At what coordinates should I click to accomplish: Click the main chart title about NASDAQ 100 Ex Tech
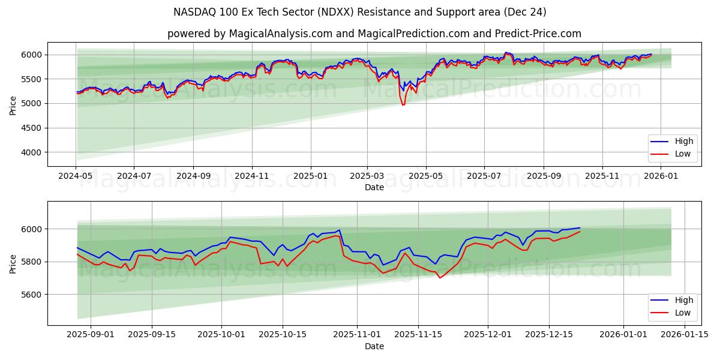click(359, 12)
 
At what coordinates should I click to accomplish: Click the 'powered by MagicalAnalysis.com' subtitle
click(374, 34)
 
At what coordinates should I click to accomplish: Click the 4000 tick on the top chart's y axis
click(33, 152)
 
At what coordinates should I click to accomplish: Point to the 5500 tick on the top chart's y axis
click(33, 79)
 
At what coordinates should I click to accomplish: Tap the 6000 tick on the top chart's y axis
click(33, 55)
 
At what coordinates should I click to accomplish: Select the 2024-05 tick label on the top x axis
click(76, 176)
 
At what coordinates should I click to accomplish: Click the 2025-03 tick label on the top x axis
click(367, 176)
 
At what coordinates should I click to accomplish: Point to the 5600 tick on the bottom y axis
click(33, 295)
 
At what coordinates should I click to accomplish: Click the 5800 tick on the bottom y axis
click(33, 262)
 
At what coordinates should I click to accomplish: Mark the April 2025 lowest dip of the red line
click(403, 105)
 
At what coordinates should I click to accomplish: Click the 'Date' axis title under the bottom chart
click(374, 346)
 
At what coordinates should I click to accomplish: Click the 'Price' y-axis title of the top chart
click(13, 104)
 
